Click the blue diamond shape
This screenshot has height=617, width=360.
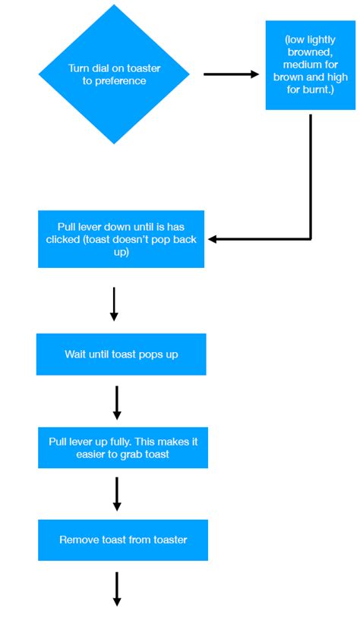(114, 106)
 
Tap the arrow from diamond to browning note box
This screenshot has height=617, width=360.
(231, 74)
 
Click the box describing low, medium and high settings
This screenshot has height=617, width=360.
(310, 65)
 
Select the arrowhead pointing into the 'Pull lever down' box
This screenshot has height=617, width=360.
(213, 239)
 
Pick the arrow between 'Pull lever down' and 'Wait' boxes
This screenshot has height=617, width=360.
(114, 304)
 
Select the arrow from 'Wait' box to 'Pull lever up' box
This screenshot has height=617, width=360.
(117, 402)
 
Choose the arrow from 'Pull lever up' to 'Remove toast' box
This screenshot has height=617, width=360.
(117, 493)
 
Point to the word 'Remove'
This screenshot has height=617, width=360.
(77, 540)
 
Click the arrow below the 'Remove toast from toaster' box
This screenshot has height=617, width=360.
(118, 589)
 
